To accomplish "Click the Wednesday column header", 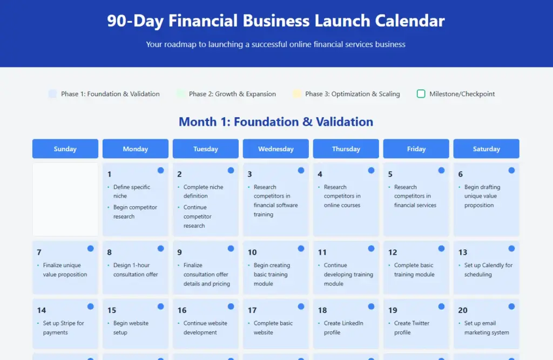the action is click(276, 149).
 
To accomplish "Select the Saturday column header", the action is click(487, 149).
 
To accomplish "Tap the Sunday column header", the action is click(65, 149).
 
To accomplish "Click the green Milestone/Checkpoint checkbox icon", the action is click(421, 94).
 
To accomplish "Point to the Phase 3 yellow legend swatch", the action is click(297, 94).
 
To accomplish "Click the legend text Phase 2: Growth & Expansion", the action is click(232, 94).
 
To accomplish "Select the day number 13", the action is click(463, 252).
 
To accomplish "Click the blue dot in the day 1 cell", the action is click(161, 171).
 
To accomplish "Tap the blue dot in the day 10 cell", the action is click(301, 249).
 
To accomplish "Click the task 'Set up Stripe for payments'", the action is click(64, 328).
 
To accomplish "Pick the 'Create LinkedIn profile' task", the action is click(343, 328).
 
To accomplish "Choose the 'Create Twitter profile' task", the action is click(412, 328).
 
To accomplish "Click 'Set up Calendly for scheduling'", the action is click(488, 270).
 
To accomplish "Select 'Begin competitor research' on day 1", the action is click(135, 212).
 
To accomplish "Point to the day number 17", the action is click(252, 310).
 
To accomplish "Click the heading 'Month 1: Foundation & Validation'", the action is click(276, 121).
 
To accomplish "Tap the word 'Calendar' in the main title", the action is click(410, 21).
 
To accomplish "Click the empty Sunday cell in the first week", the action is click(65, 199).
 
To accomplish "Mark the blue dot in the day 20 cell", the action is click(511, 307).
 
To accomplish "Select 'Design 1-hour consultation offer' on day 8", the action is click(136, 270).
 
